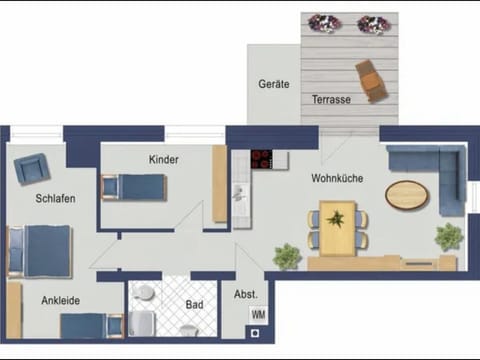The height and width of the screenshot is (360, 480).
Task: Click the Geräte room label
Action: coord(274,84)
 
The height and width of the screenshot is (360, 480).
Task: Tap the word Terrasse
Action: coord(330,100)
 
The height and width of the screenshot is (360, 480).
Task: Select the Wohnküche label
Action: coord(337,179)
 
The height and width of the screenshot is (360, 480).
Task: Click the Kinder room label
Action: coord(164,160)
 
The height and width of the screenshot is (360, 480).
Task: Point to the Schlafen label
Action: coord(56,198)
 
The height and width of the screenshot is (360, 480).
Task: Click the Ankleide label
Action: coord(61,300)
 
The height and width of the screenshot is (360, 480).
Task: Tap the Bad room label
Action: coord(194,303)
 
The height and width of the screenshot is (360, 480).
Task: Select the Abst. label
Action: coord(245,295)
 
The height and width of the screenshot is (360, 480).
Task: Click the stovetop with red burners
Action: coord(263,159)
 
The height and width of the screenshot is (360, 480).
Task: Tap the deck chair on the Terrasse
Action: coord(371,80)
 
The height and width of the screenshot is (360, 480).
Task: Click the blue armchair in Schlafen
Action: coord(30,169)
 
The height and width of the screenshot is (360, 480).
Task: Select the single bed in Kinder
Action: coord(133,187)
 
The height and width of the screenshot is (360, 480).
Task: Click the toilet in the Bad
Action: coord(145,294)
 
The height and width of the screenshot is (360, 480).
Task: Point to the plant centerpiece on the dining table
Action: coord(336,217)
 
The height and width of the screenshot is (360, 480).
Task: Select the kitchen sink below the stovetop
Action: coord(239,193)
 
